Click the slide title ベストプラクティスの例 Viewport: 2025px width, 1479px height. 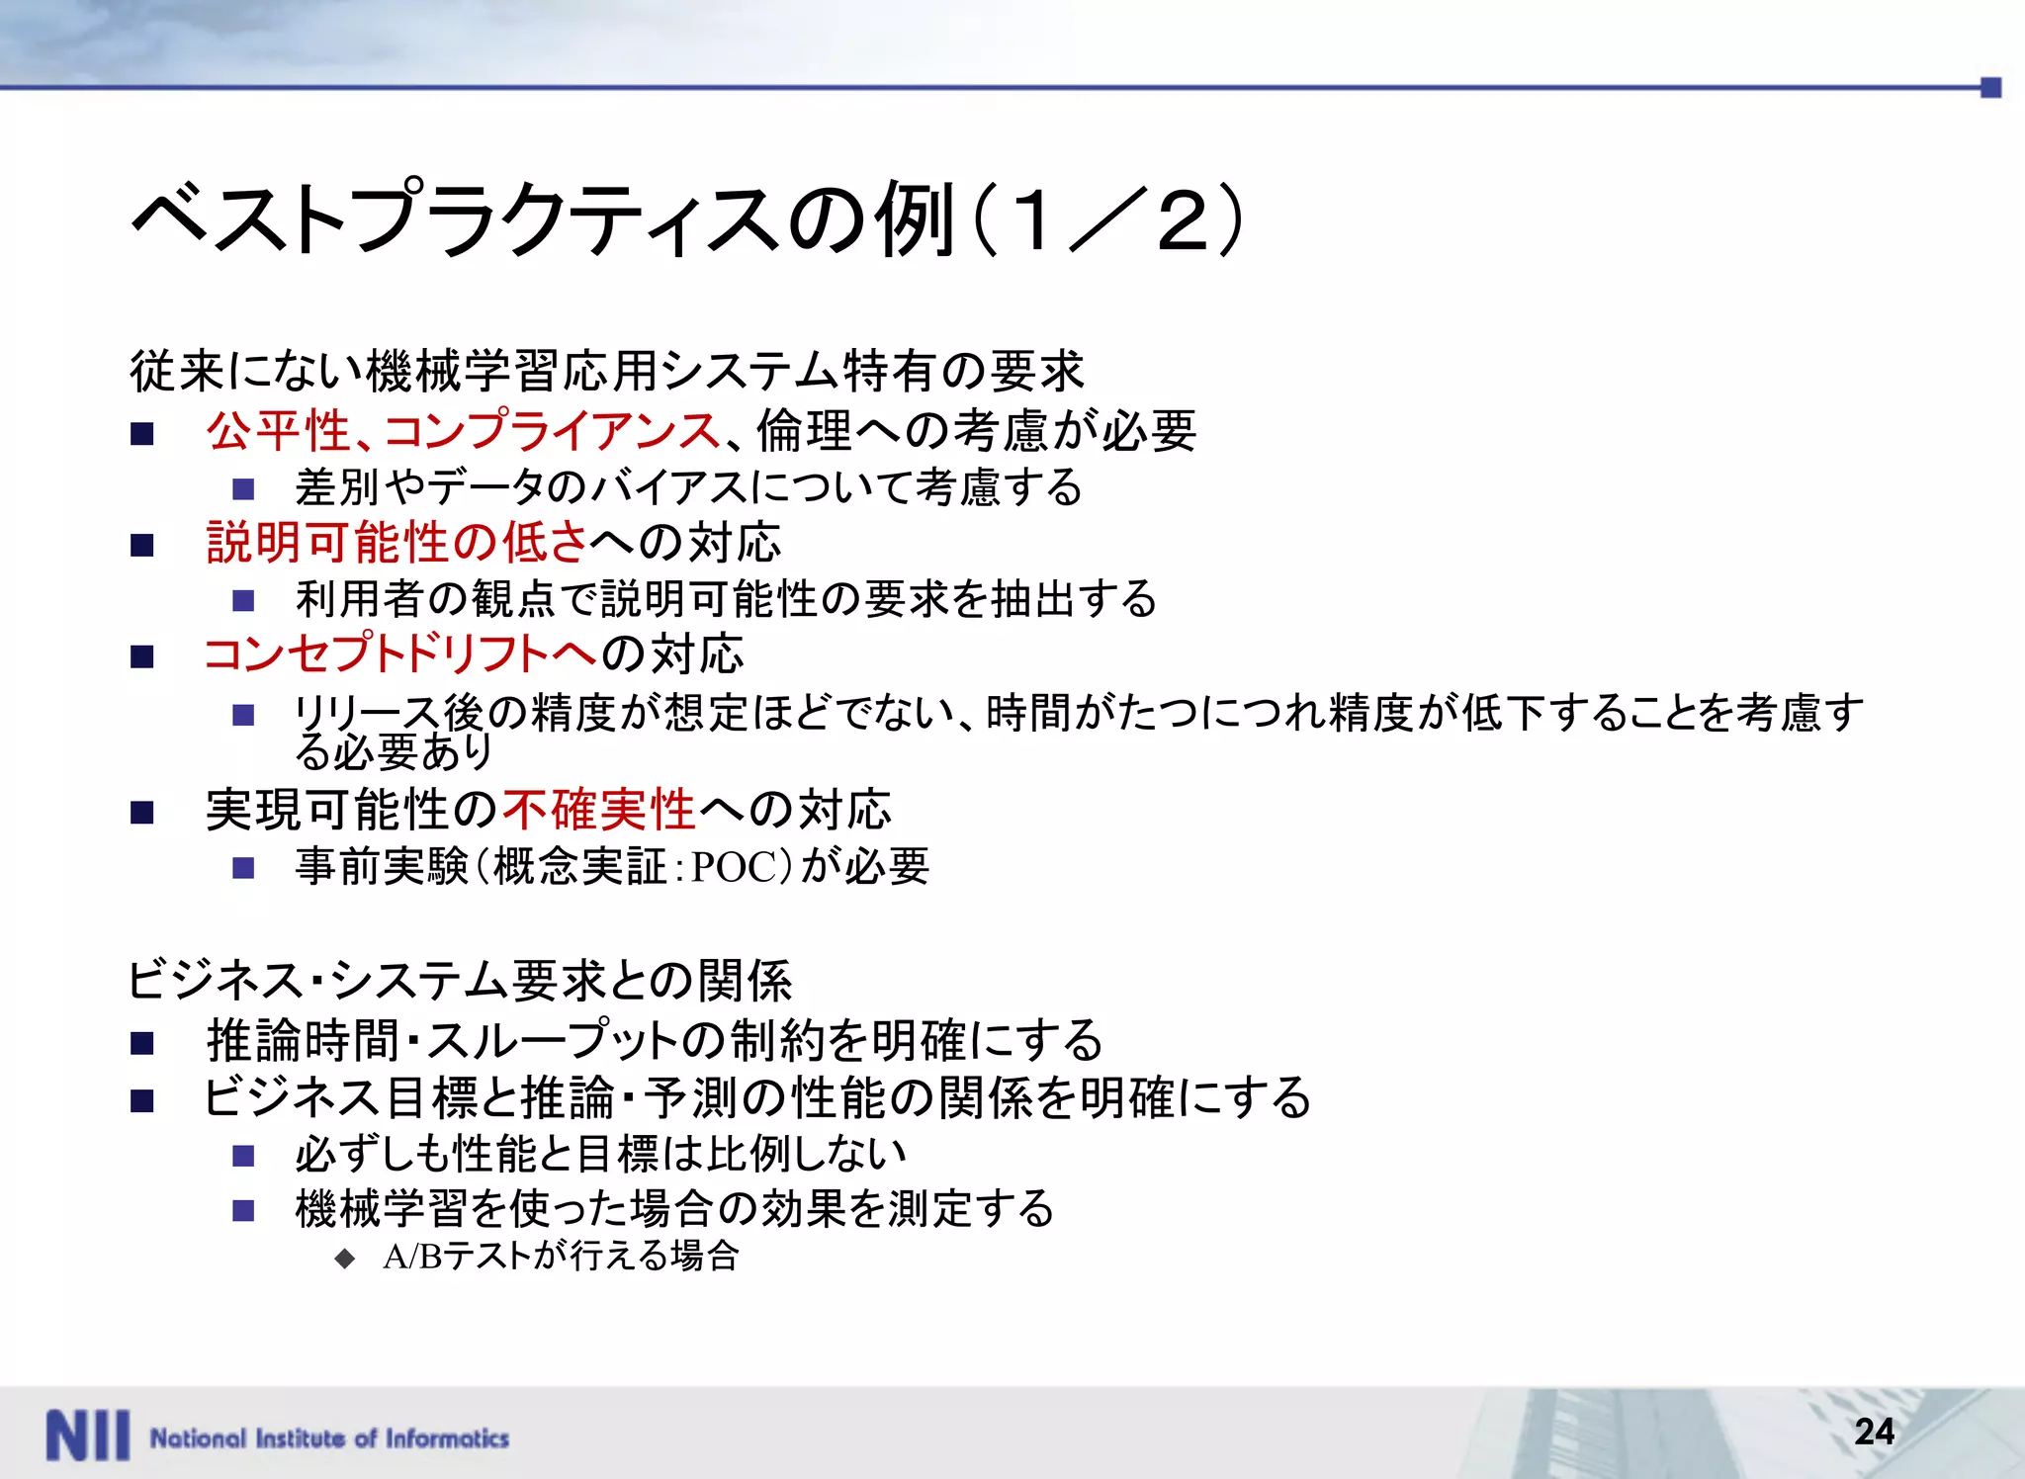(x=544, y=218)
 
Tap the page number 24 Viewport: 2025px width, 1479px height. (x=1874, y=1431)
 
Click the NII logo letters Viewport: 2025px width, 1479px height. (x=87, y=1435)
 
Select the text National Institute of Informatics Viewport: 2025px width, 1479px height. (x=329, y=1437)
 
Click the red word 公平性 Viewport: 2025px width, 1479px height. (x=278, y=431)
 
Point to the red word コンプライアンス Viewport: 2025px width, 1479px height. (x=552, y=431)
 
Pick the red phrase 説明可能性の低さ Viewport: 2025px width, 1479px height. (x=396, y=543)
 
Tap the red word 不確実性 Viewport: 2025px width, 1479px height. (x=598, y=811)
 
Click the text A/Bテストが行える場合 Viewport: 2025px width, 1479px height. (x=561, y=1257)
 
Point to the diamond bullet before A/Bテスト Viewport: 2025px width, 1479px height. (x=344, y=1259)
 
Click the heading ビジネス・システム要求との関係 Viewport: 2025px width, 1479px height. (x=460, y=981)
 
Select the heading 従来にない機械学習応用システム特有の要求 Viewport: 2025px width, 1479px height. (x=607, y=372)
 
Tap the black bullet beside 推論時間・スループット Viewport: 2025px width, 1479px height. (x=142, y=1043)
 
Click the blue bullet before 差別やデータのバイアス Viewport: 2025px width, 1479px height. (x=243, y=489)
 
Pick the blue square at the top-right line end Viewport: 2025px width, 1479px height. (x=1991, y=88)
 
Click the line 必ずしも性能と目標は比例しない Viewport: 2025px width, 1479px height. (x=600, y=1153)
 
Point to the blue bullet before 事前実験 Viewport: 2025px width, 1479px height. (x=243, y=868)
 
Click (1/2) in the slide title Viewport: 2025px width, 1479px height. (x=1107, y=218)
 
